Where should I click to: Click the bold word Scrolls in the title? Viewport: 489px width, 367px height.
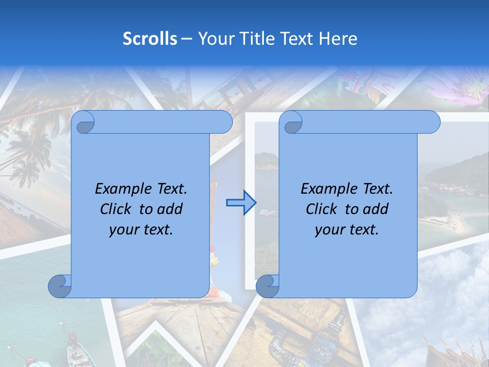[150, 39]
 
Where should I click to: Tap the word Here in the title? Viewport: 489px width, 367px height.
[338, 39]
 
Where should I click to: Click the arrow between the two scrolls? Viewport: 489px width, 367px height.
[241, 203]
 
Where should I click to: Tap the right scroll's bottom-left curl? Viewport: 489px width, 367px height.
[267, 286]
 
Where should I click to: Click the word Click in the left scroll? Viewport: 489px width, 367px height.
[116, 209]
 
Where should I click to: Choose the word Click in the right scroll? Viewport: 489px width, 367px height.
[321, 209]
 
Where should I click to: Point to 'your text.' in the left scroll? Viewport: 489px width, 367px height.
[141, 230]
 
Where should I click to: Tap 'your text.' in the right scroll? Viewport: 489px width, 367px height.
[347, 230]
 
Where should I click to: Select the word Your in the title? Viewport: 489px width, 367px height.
[214, 39]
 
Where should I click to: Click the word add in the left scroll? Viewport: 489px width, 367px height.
[171, 209]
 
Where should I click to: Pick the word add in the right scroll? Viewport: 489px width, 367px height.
[376, 209]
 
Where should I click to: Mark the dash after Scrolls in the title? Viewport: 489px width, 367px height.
[187, 39]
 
